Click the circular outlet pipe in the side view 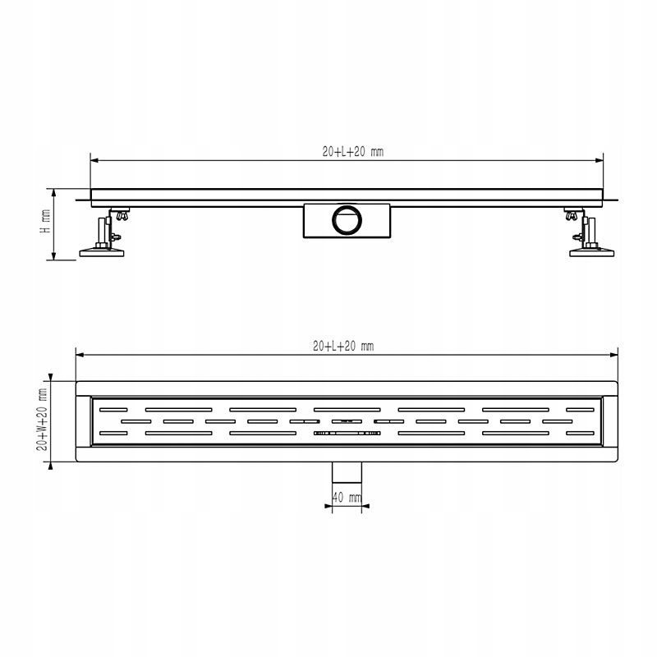(x=346, y=220)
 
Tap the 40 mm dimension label (x=347, y=497)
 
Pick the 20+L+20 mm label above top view (x=343, y=346)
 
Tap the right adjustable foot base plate (x=591, y=253)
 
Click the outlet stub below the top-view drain (x=346, y=472)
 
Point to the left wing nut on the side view (x=124, y=217)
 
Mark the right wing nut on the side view (x=569, y=217)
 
